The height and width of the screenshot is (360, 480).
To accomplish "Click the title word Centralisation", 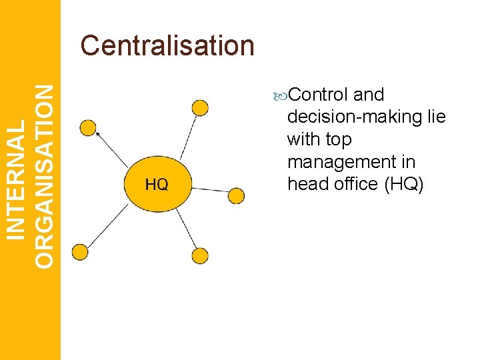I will [167, 46].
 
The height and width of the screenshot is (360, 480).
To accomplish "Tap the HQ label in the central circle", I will [157, 185].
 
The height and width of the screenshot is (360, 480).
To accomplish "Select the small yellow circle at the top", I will [199, 108].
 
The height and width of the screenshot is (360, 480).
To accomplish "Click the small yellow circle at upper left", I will [87, 127].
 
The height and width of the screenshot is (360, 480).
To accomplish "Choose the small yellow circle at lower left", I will [79, 252].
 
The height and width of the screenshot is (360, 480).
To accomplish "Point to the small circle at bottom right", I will [199, 255].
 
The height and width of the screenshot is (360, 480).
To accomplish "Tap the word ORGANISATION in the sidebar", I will [45, 177].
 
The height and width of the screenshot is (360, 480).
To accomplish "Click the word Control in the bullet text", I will [319, 95].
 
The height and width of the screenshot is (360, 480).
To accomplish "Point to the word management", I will [351, 162].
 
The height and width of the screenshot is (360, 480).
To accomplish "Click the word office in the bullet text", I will [353, 184].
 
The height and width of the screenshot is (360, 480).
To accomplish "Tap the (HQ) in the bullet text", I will [404, 184].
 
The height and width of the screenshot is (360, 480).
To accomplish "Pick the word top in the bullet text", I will [339, 140].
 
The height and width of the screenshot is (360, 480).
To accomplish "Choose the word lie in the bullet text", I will [437, 117].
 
